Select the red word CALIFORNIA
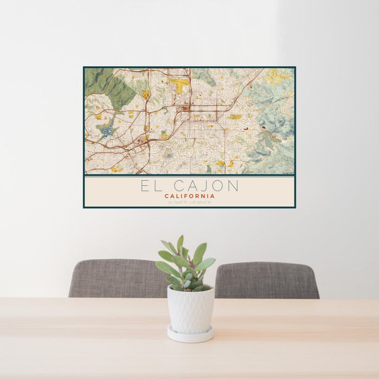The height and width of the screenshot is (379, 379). coord(190,196)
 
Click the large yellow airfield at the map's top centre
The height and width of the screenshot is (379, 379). coord(179,83)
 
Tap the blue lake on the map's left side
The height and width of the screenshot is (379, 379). coord(108,129)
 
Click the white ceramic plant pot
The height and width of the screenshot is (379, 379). coord(190,309)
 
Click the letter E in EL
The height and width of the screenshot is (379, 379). coord(145,186)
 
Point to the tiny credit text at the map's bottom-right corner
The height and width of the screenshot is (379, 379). coord(286,173)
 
